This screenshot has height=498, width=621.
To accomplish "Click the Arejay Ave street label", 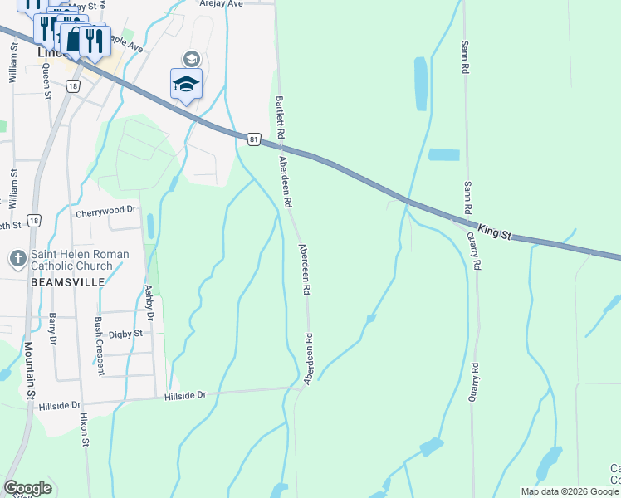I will [221, 3].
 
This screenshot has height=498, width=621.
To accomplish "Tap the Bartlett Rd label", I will [281, 116].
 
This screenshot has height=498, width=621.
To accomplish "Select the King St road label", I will [493, 231].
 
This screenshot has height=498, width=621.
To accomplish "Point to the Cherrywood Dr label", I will [105, 212].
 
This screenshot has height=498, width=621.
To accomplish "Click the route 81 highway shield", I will [253, 139].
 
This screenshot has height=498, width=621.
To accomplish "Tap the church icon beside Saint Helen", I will [17, 260].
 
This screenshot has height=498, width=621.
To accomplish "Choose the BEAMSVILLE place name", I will [68, 282].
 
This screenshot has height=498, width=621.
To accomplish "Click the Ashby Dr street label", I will [150, 303].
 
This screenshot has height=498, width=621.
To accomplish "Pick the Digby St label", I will [127, 334].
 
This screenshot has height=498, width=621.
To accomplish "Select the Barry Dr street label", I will [52, 328].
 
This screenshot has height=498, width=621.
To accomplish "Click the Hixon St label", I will [85, 431].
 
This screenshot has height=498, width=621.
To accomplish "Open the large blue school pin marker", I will [186, 84].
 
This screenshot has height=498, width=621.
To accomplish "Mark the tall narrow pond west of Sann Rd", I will [420, 84].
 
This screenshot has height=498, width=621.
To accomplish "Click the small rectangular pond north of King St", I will [443, 154].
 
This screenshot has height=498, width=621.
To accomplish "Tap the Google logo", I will [27, 488].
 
